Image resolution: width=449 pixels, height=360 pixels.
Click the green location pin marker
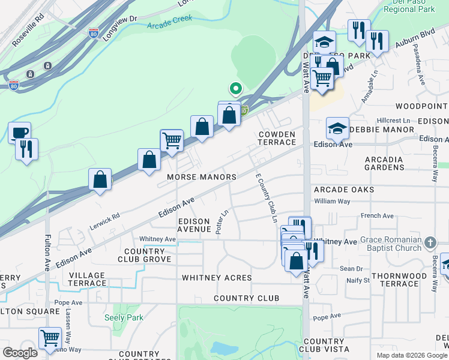[236, 89]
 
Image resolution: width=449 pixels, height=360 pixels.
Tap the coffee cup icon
[19, 132]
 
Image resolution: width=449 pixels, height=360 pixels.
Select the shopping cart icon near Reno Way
[50, 337]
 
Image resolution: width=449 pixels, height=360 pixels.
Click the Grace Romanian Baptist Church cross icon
[430, 242]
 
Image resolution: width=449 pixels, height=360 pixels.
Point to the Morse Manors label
[202, 178]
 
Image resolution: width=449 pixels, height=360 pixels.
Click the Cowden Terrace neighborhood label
[277, 138]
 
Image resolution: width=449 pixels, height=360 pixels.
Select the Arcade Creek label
[170, 21]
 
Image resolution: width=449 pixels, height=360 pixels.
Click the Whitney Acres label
[217, 278]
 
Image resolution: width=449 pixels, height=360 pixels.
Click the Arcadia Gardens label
[384, 163]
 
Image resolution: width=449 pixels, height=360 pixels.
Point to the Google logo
[20, 353]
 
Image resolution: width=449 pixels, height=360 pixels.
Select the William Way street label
[332, 202]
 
